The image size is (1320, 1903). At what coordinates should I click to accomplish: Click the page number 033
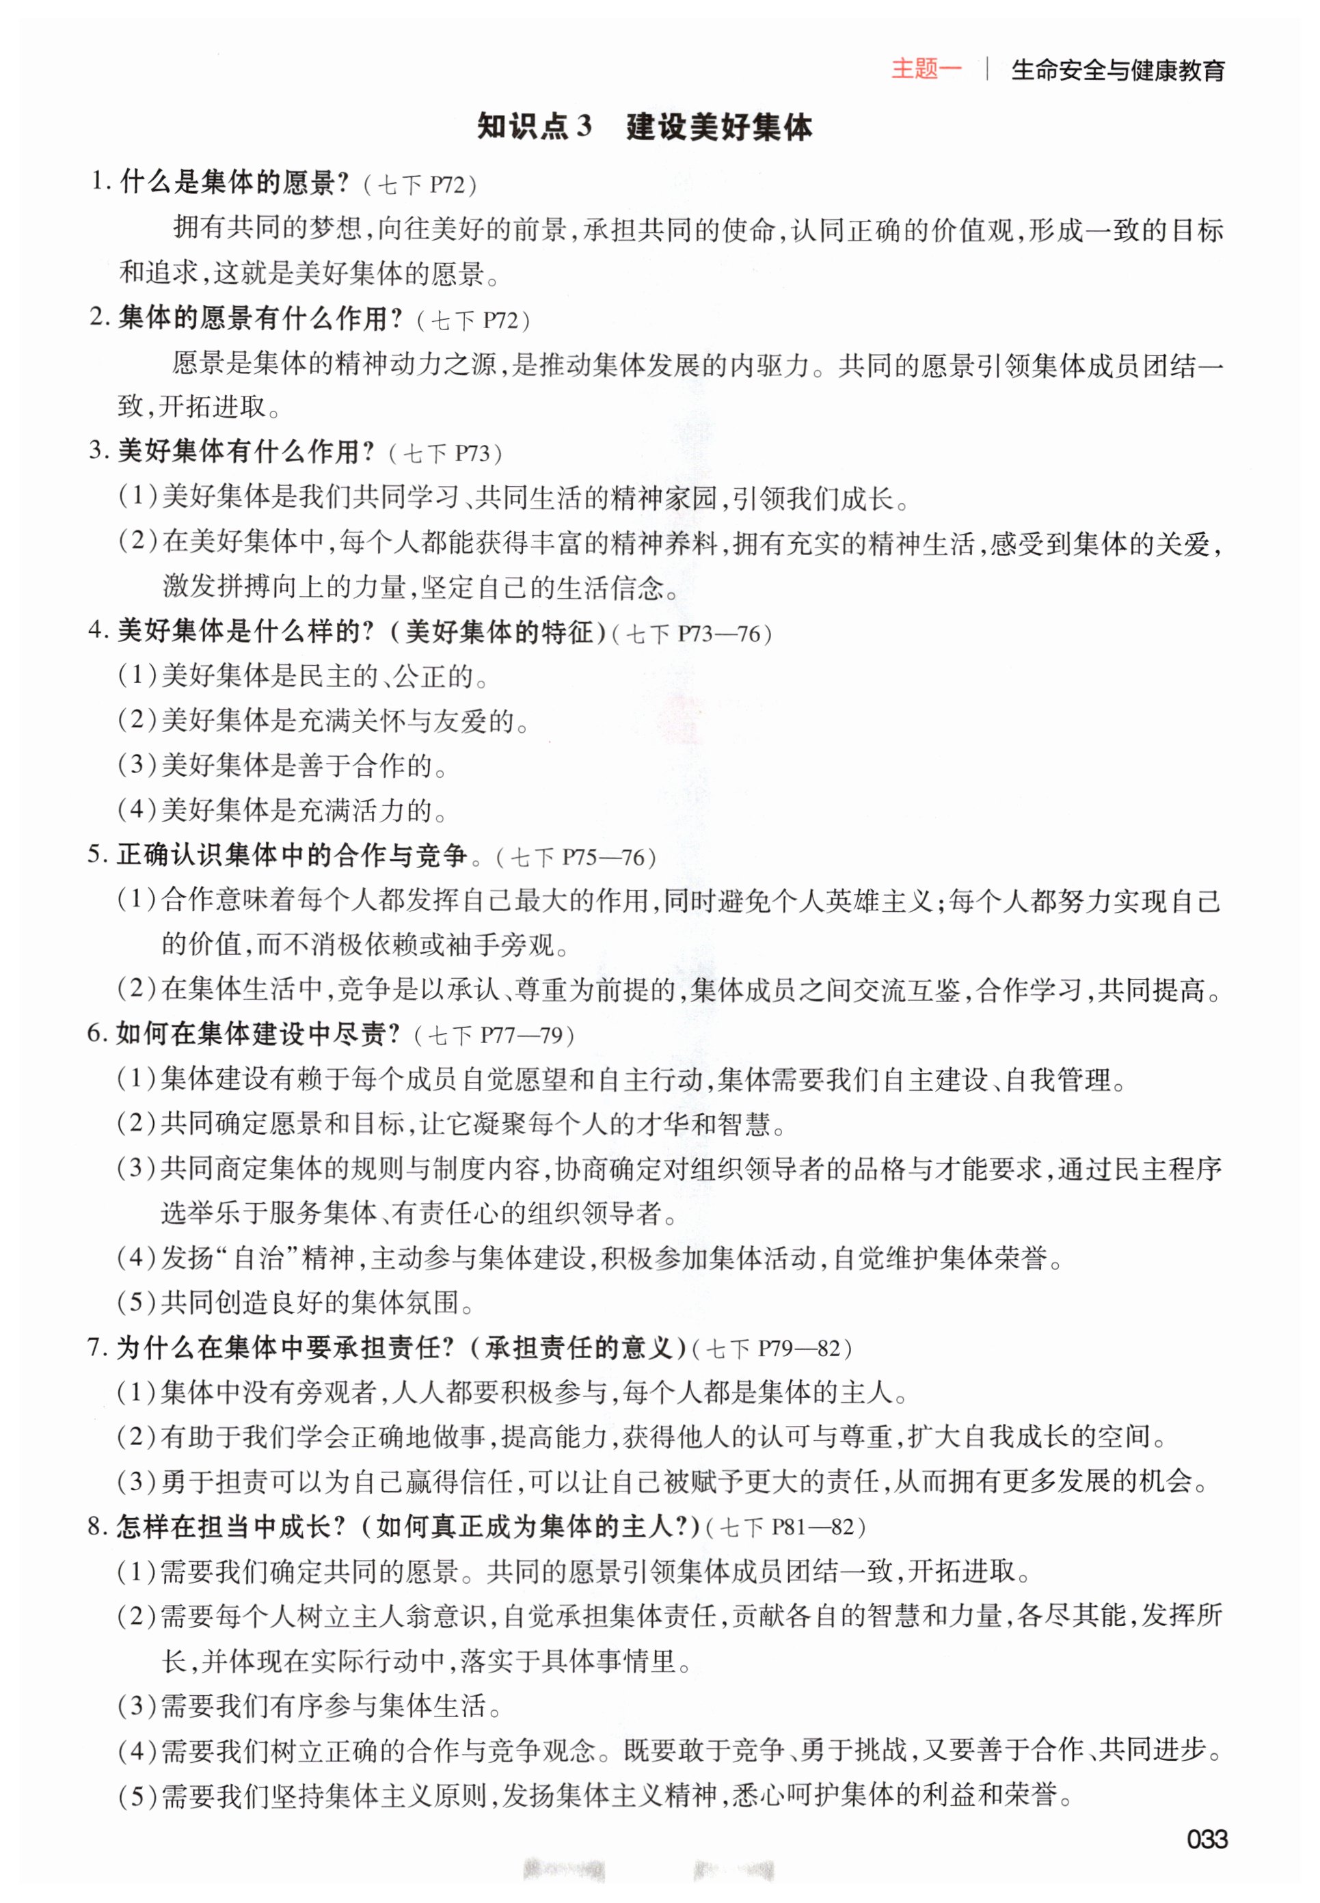(1206, 1839)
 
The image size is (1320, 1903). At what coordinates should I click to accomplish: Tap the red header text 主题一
(926, 70)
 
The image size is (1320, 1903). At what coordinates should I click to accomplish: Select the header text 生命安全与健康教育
(1118, 71)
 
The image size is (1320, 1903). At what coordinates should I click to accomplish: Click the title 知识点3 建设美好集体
(645, 126)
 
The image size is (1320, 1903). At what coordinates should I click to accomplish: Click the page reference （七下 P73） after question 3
(445, 453)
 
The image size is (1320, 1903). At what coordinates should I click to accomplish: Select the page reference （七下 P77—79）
(493, 1036)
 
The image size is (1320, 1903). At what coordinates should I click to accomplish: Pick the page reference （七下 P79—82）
(771, 1349)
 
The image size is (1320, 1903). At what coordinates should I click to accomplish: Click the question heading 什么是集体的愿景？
(235, 182)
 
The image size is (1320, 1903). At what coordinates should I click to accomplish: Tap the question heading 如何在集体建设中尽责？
(258, 1034)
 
